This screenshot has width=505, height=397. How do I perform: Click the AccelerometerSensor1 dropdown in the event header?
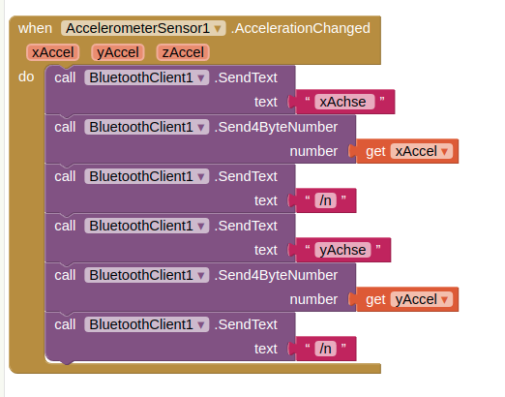143,28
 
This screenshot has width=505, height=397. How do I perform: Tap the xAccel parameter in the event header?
53,52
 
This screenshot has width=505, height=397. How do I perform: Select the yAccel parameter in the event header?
118,52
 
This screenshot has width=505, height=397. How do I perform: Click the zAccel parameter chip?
183,52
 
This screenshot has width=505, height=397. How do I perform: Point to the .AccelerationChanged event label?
301,28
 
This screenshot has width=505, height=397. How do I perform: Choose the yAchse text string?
342,250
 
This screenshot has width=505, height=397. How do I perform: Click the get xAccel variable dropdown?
422,151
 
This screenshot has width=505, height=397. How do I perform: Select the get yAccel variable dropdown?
422,299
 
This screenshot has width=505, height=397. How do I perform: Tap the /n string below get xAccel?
325,200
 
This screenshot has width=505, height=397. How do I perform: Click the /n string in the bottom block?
325,349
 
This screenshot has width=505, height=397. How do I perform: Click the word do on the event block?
26,77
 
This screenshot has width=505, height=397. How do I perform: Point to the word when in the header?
35,28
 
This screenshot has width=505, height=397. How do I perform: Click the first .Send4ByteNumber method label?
276,127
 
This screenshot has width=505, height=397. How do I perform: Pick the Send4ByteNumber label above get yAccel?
276,275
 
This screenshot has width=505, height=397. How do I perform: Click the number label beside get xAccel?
313,151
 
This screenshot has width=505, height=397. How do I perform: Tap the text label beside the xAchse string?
266,102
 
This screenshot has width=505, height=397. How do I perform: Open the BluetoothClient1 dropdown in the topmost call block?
147,77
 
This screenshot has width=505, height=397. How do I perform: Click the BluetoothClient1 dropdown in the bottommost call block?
147,324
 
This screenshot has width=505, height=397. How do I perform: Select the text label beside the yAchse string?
266,250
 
